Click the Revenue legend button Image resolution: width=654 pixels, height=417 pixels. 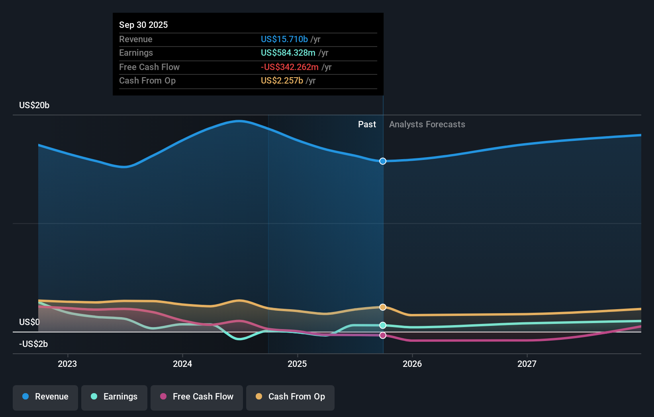pos(45,397)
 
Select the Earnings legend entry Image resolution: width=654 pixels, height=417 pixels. pos(114,397)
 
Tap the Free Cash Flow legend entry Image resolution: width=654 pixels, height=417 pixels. pos(197,397)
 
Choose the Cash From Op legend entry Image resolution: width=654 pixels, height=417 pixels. pos(290,397)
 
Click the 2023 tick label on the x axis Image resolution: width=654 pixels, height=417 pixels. pos(67,364)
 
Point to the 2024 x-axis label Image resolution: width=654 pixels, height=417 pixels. pos(182,364)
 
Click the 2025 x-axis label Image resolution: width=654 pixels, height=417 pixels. pos(297,364)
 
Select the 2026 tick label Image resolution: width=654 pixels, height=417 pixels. pos(412,364)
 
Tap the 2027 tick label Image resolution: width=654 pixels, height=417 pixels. pos(527,364)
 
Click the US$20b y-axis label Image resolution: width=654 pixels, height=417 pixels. pos(34,105)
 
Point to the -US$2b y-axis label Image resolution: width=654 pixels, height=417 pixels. pos(33,344)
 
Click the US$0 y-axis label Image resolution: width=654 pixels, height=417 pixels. pos(29,322)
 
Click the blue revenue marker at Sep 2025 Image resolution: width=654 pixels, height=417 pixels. pos(383,161)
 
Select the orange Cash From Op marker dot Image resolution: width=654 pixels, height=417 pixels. pos(383,307)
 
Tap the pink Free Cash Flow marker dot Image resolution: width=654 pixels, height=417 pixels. pos(383,335)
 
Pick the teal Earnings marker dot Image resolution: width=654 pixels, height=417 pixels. pos(383,325)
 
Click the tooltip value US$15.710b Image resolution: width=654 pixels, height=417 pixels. pos(284,39)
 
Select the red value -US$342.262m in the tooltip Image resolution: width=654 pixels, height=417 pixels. pos(290,67)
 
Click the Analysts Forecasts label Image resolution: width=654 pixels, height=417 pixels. pos(427,125)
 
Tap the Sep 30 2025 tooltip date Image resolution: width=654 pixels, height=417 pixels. pos(143,25)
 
